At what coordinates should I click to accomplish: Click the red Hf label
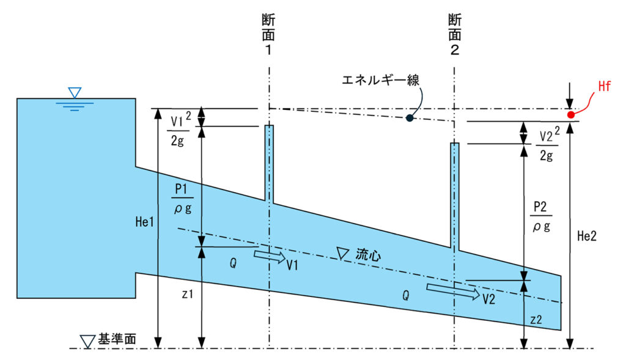point(604,86)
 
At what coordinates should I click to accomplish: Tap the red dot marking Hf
point(571,115)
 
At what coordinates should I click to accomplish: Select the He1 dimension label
point(144,222)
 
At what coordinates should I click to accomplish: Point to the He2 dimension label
point(587,237)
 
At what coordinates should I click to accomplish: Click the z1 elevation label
point(187,294)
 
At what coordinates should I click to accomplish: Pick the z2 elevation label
point(536,320)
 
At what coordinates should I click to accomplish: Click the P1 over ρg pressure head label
point(182,199)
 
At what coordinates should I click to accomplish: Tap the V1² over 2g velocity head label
point(180,128)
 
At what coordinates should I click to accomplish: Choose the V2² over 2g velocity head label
point(548,143)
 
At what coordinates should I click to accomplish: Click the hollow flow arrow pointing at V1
point(270,256)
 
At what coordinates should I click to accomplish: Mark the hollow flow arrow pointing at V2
point(453,292)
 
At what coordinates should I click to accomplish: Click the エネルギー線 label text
point(380,81)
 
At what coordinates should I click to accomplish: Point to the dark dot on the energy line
point(410,118)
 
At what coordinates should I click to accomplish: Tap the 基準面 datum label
point(117,339)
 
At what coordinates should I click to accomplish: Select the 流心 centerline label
point(368,255)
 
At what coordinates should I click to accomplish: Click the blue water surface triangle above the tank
point(75,92)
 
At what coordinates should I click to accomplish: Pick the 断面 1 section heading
point(269,34)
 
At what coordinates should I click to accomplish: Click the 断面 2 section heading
point(454,34)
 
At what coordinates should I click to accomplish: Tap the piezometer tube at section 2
point(455,196)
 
